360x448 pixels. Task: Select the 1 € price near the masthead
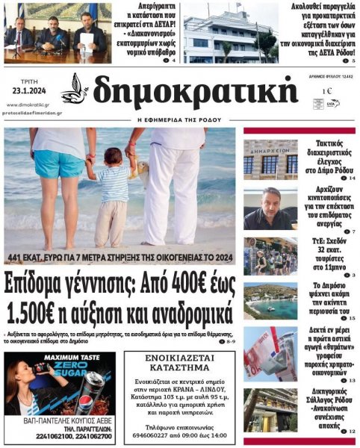(x=327, y=91)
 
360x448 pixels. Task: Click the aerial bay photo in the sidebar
(x=270, y=300)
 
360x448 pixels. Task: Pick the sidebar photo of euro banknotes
(x=270, y=354)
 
